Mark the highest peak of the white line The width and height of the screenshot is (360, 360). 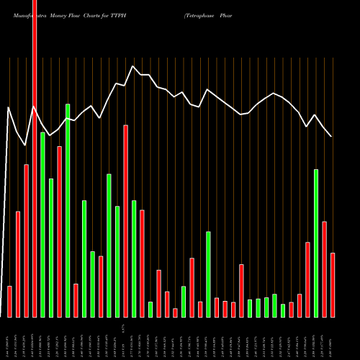tap(133, 66)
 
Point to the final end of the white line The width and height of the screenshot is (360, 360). tap(332, 136)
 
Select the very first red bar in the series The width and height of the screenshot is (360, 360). tap(9, 302)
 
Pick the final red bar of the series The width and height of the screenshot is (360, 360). tap(333, 285)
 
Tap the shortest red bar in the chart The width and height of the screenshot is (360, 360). tap(175, 312)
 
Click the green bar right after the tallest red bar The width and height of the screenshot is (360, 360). tap(42, 225)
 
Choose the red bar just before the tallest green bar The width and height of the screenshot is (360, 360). tap(59, 231)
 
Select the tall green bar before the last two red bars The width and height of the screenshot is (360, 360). tap(316, 243)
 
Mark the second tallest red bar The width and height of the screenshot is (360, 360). tap(125, 221)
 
